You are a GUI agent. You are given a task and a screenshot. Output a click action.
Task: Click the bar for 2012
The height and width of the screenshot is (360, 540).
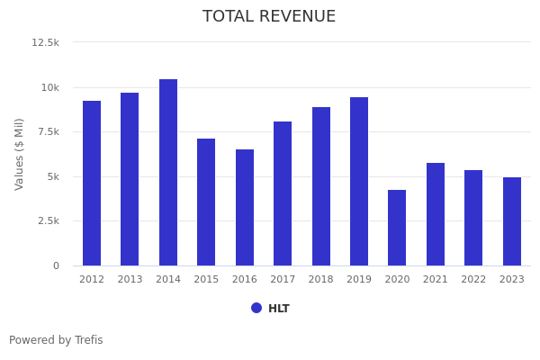point(92,184)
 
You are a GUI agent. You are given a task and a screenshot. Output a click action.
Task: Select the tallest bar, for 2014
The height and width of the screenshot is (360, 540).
point(168,173)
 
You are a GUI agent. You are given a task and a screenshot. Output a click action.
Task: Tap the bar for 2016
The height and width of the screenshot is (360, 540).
point(245,208)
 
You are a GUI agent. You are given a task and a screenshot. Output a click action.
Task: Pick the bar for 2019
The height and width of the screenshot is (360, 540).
point(359,182)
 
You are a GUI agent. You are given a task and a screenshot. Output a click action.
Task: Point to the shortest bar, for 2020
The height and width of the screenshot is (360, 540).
point(397,228)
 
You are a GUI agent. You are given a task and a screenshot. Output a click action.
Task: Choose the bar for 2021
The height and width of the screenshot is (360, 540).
point(436,214)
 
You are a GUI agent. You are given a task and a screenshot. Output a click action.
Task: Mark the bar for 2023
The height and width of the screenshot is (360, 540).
point(512,221)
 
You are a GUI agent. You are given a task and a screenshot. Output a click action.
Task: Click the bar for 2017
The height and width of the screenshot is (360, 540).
point(283,193)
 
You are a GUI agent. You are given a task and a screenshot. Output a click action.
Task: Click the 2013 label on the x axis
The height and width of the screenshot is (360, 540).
point(130,280)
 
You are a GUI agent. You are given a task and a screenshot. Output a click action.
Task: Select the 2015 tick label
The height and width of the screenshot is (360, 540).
point(206,280)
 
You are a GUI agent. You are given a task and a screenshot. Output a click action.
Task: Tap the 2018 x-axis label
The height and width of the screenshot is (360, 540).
point(321,280)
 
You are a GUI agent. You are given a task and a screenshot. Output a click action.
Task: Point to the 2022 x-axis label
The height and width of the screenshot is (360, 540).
point(473,280)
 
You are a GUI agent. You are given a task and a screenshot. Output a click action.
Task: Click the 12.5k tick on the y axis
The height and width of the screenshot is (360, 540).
point(46,42)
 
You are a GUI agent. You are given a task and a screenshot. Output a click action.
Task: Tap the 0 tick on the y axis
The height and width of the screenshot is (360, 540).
point(56,265)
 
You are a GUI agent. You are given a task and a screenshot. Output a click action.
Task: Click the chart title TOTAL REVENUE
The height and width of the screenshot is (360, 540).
point(269,17)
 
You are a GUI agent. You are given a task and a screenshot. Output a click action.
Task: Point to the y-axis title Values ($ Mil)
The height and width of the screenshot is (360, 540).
point(20,154)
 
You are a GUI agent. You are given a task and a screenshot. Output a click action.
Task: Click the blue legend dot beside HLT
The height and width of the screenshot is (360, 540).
point(256,308)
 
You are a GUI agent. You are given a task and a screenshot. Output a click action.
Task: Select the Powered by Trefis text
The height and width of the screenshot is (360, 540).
point(56,340)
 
